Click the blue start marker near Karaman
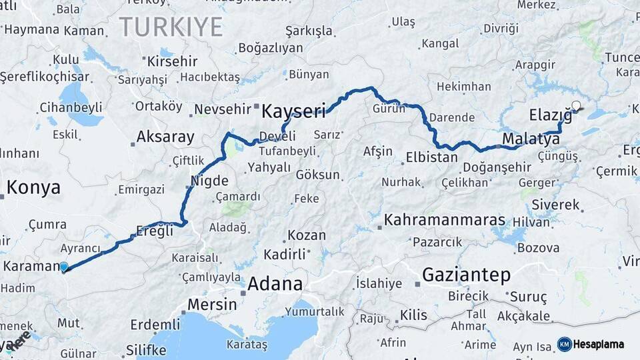tap(63, 267)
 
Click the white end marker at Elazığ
tap(577, 105)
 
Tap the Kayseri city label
tap(293, 111)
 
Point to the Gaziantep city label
tap(466, 274)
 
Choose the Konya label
tap(33, 187)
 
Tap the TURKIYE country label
tap(171, 27)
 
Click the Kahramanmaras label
tap(445, 219)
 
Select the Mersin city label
tap(211, 304)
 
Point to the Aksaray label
tap(165, 137)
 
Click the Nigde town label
tap(209, 181)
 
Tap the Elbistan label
tap(431, 158)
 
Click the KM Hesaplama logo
tap(591, 344)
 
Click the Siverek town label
tap(555, 205)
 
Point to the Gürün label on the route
tap(389, 108)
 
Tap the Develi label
tap(277, 136)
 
